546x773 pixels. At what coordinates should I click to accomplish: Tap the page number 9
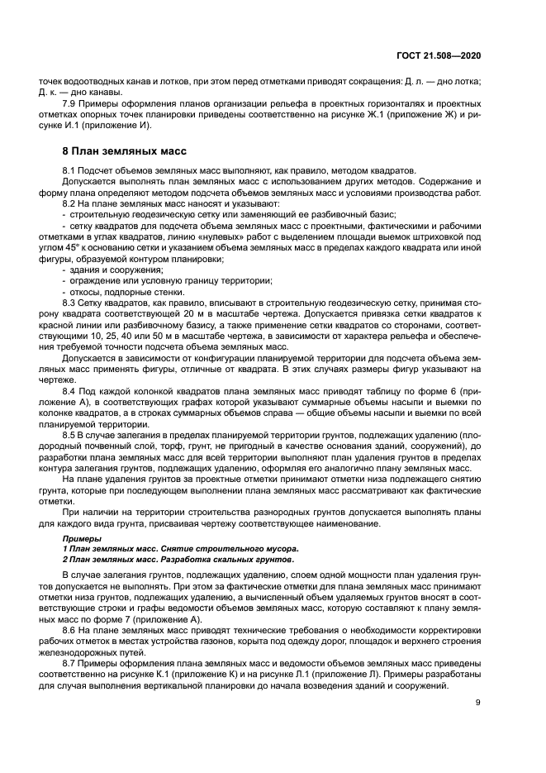click(478, 703)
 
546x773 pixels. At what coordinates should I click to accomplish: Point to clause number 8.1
click(69, 169)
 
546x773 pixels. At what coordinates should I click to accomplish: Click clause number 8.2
click(69, 203)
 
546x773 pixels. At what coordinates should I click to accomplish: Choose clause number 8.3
click(69, 303)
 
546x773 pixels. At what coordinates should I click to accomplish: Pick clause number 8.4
click(69, 389)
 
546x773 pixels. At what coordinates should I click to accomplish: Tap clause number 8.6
click(69, 628)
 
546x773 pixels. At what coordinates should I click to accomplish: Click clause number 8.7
click(69, 662)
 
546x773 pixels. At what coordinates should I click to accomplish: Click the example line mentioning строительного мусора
click(181, 548)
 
